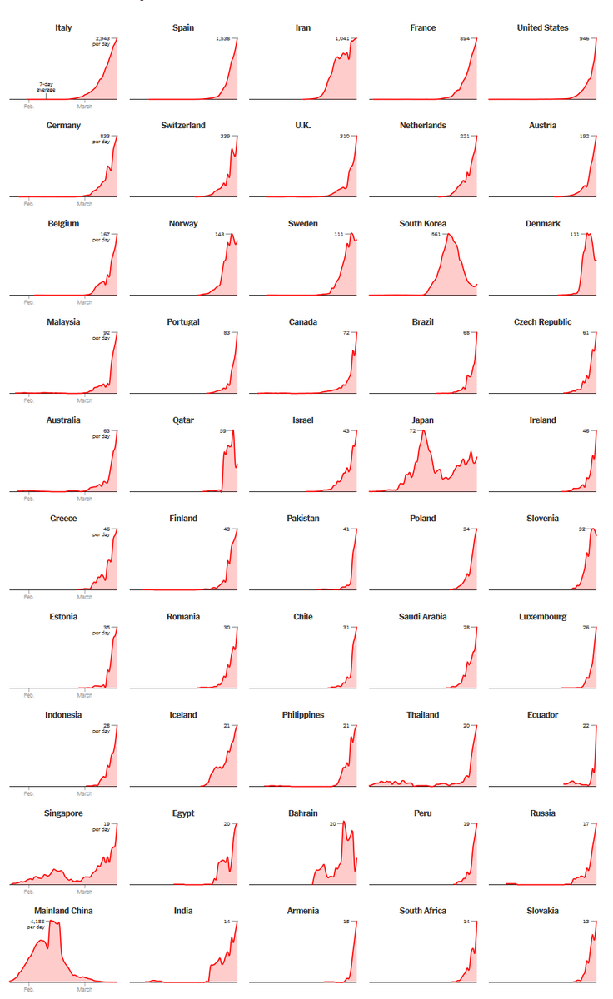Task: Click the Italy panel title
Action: pyautogui.click(x=63, y=27)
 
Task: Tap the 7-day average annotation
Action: pyautogui.click(x=46, y=87)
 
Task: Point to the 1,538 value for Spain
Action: pyautogui.click(x=223, y=38)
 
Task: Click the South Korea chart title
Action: pyautogui.click(x=422, y=224)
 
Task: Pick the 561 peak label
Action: pyautogui.click(x=436, y=235)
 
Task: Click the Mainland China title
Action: pyautogui.click(x=63, y=911)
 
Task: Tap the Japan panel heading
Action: pyautogui.click(x=422, y=420)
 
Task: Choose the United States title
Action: pyautogui.click(x=542, y=27)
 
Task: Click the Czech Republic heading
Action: pyautogui.click(x=542, y=322)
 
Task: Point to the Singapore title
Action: pyautogui.click(x=63, y=813)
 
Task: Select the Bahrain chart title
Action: pyautogui.click(x=303, y=813)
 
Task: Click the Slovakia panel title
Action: pyautogui.click(x=542, y=911)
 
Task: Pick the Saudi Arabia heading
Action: pyautogui.click(x=422, y=617)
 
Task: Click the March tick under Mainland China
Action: pyautogui.click(x=85, y=990)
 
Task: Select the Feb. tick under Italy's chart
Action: pyautogui.click(x=28, y=106)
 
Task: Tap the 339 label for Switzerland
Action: pyautogui.click(x=225, y=137)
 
